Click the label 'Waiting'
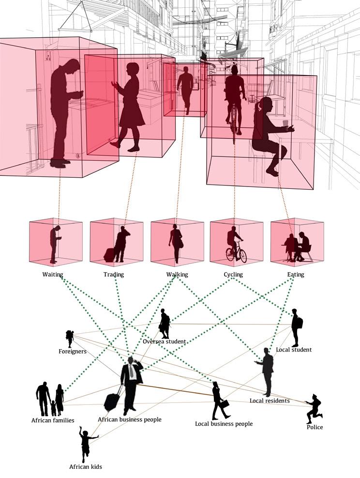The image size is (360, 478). tap(53, 275)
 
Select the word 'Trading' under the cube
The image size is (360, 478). tap(114, 275)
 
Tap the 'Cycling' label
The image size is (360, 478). tap(233, 275)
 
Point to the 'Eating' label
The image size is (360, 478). tap(296, 275)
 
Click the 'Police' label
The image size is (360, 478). tap(315, 427)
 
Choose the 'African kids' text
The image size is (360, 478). tap(85, 467)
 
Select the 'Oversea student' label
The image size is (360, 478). tap(165, 341)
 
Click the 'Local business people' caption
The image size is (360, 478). tap(224, 424)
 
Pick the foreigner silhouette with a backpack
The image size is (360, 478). tap(70, 338)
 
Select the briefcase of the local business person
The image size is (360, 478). tap(225, 403)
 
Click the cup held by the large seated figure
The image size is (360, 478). tap(286, 123)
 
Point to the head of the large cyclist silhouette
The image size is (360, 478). tap(235, 71)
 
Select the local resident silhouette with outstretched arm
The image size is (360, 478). tap(267, 370)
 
